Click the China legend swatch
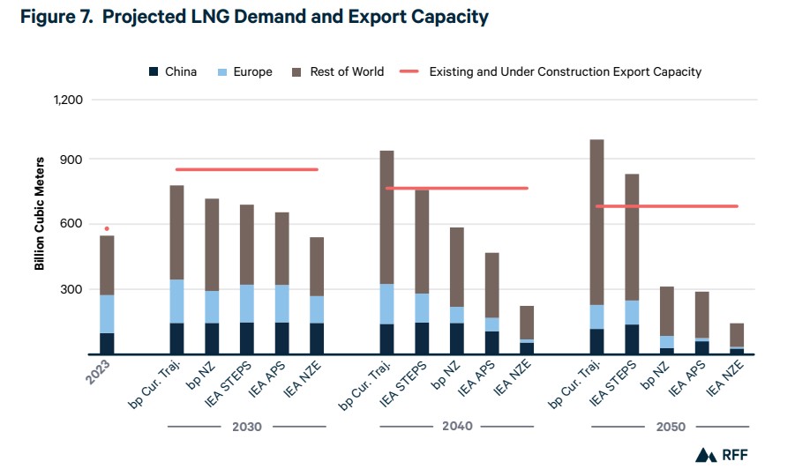pyautogui.click(x=154, y=71)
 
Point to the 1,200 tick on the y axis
pyautogui.click(x=67, y=100)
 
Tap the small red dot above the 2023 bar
pyautogui.click(x=107, y=229)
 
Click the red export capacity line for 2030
pyautogui.click(x=246, y=169)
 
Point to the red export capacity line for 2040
pyautogui.click(x=456, y=188)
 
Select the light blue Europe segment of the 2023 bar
pyautogui.click(x=107, y=313)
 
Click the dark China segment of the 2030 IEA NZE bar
pyautogui.click(x=317, y=339)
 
